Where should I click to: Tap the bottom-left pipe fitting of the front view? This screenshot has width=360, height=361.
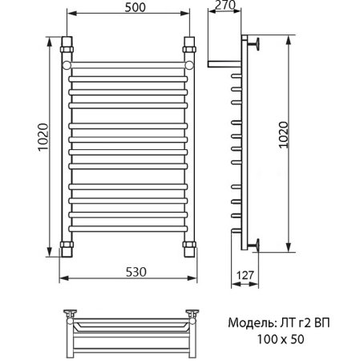tap(67, 244)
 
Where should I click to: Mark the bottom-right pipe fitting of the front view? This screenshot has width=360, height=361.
tap(189, 244)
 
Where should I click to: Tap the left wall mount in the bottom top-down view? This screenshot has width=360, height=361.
tap(70, 314)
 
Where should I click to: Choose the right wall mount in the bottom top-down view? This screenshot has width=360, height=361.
tap(193, 314)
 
